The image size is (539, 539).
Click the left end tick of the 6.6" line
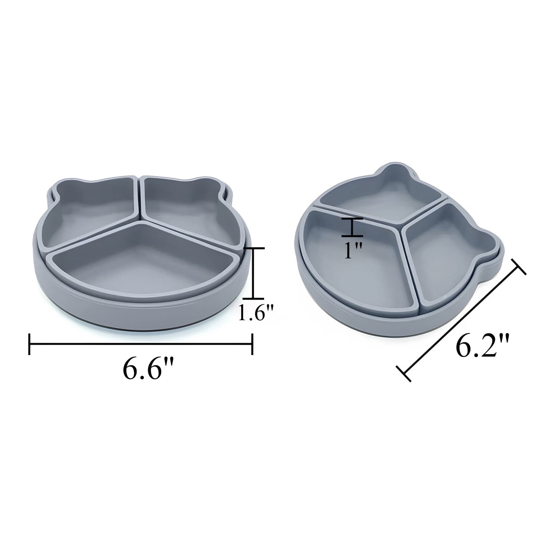(29, 344)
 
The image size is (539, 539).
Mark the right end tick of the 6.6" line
(253, 344)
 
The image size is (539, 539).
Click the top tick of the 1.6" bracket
(253, 248)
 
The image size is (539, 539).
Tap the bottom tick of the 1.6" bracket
(253, 298)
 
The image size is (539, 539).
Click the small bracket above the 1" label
(352, 228)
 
